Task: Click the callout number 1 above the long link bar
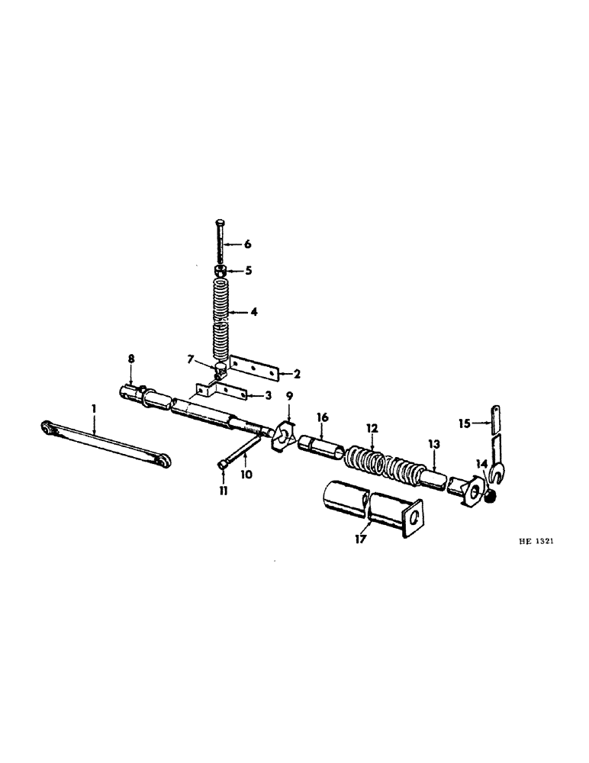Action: click(93, 410)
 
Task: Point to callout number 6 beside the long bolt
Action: click(247, 244)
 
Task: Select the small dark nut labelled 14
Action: click(491, 497)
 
